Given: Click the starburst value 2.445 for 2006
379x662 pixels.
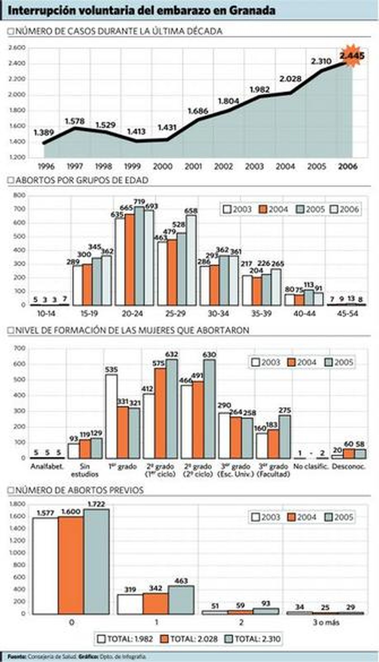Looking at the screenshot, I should tap(352, 56).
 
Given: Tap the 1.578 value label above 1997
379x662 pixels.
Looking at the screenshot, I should tap(75, 121).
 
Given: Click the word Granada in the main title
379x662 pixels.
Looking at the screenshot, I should tap(252, 11).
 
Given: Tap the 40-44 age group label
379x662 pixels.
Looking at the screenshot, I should tap(304, 313).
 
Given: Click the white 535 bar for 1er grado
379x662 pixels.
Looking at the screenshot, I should tap(111, 417).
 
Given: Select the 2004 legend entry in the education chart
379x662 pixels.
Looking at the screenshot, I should tap(302, 362).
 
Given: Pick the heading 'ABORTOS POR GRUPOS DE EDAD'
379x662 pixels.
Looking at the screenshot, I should tap(82, 180).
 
